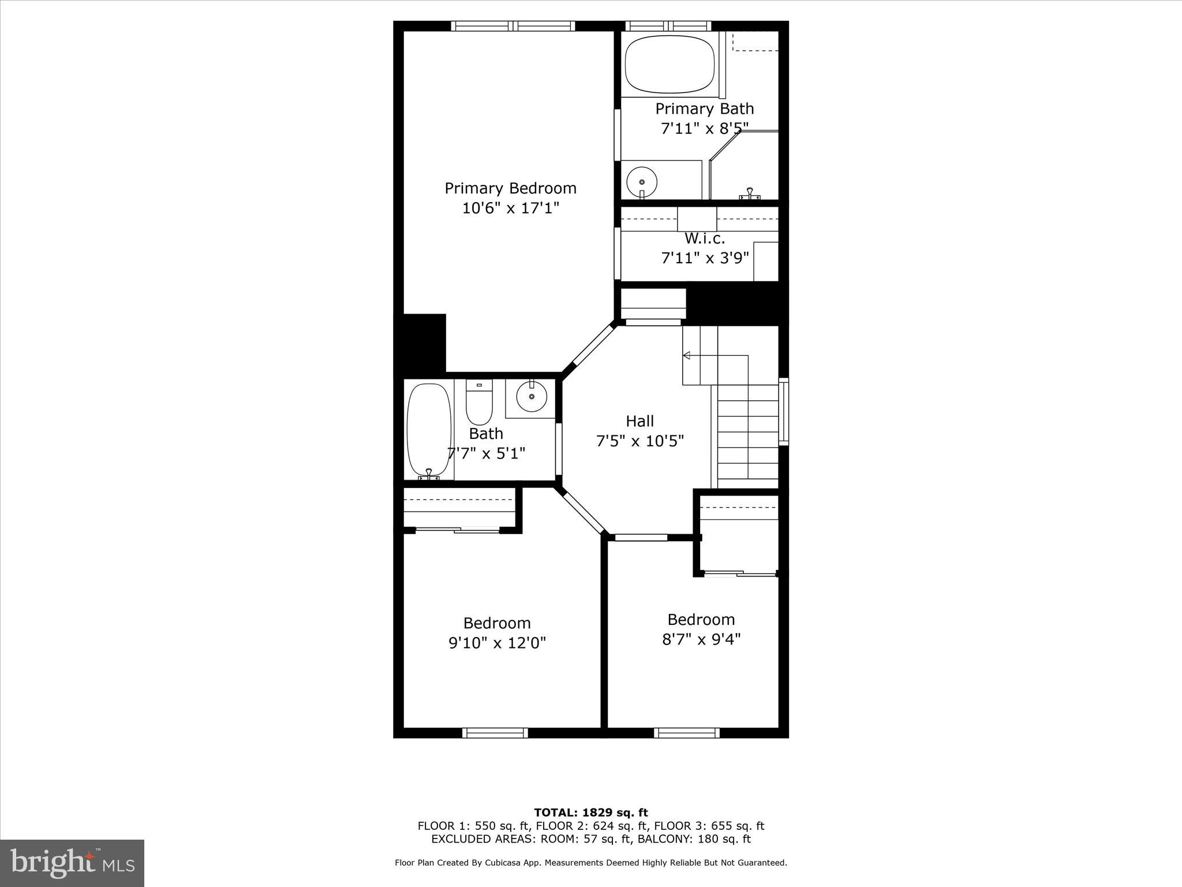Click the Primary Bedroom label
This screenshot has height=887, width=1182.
[x=510, y=188]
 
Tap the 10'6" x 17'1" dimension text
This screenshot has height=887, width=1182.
[x=510, y=208]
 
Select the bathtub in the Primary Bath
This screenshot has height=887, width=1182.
[x=669, y=64]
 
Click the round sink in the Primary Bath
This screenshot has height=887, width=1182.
[x=642, y=181]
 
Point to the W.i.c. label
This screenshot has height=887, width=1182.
[x=704, y=238]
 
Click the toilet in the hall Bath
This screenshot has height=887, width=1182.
[x=479, y=402]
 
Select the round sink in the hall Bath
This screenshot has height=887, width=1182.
[x=531, y=397]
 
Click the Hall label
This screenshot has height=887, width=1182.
[x=639, y=421]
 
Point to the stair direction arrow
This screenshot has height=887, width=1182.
[x=687, y=355]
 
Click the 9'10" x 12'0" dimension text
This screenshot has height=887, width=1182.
[x=497, y=643]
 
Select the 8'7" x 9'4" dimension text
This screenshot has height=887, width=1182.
[x=701, y=639]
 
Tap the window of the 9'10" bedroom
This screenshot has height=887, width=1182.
[x=495, y=733]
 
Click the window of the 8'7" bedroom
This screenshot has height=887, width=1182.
[x=686, y=733]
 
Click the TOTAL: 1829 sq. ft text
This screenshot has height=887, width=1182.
[x=590, y=813]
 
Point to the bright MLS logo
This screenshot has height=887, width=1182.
[x=72, y=863]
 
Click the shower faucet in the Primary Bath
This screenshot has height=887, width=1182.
[x=749, y=193]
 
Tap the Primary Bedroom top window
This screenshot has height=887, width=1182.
[x=513, y=26]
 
